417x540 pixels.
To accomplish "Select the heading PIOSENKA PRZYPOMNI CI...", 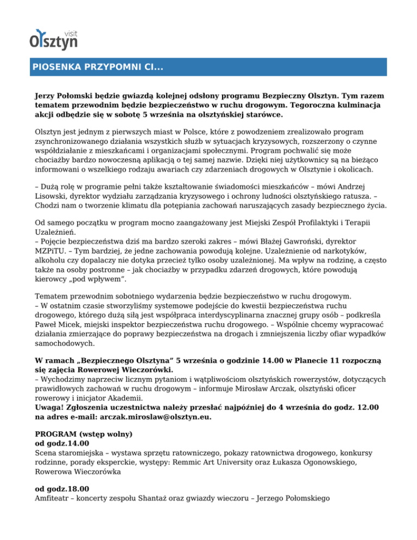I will (x=98, y=68).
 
